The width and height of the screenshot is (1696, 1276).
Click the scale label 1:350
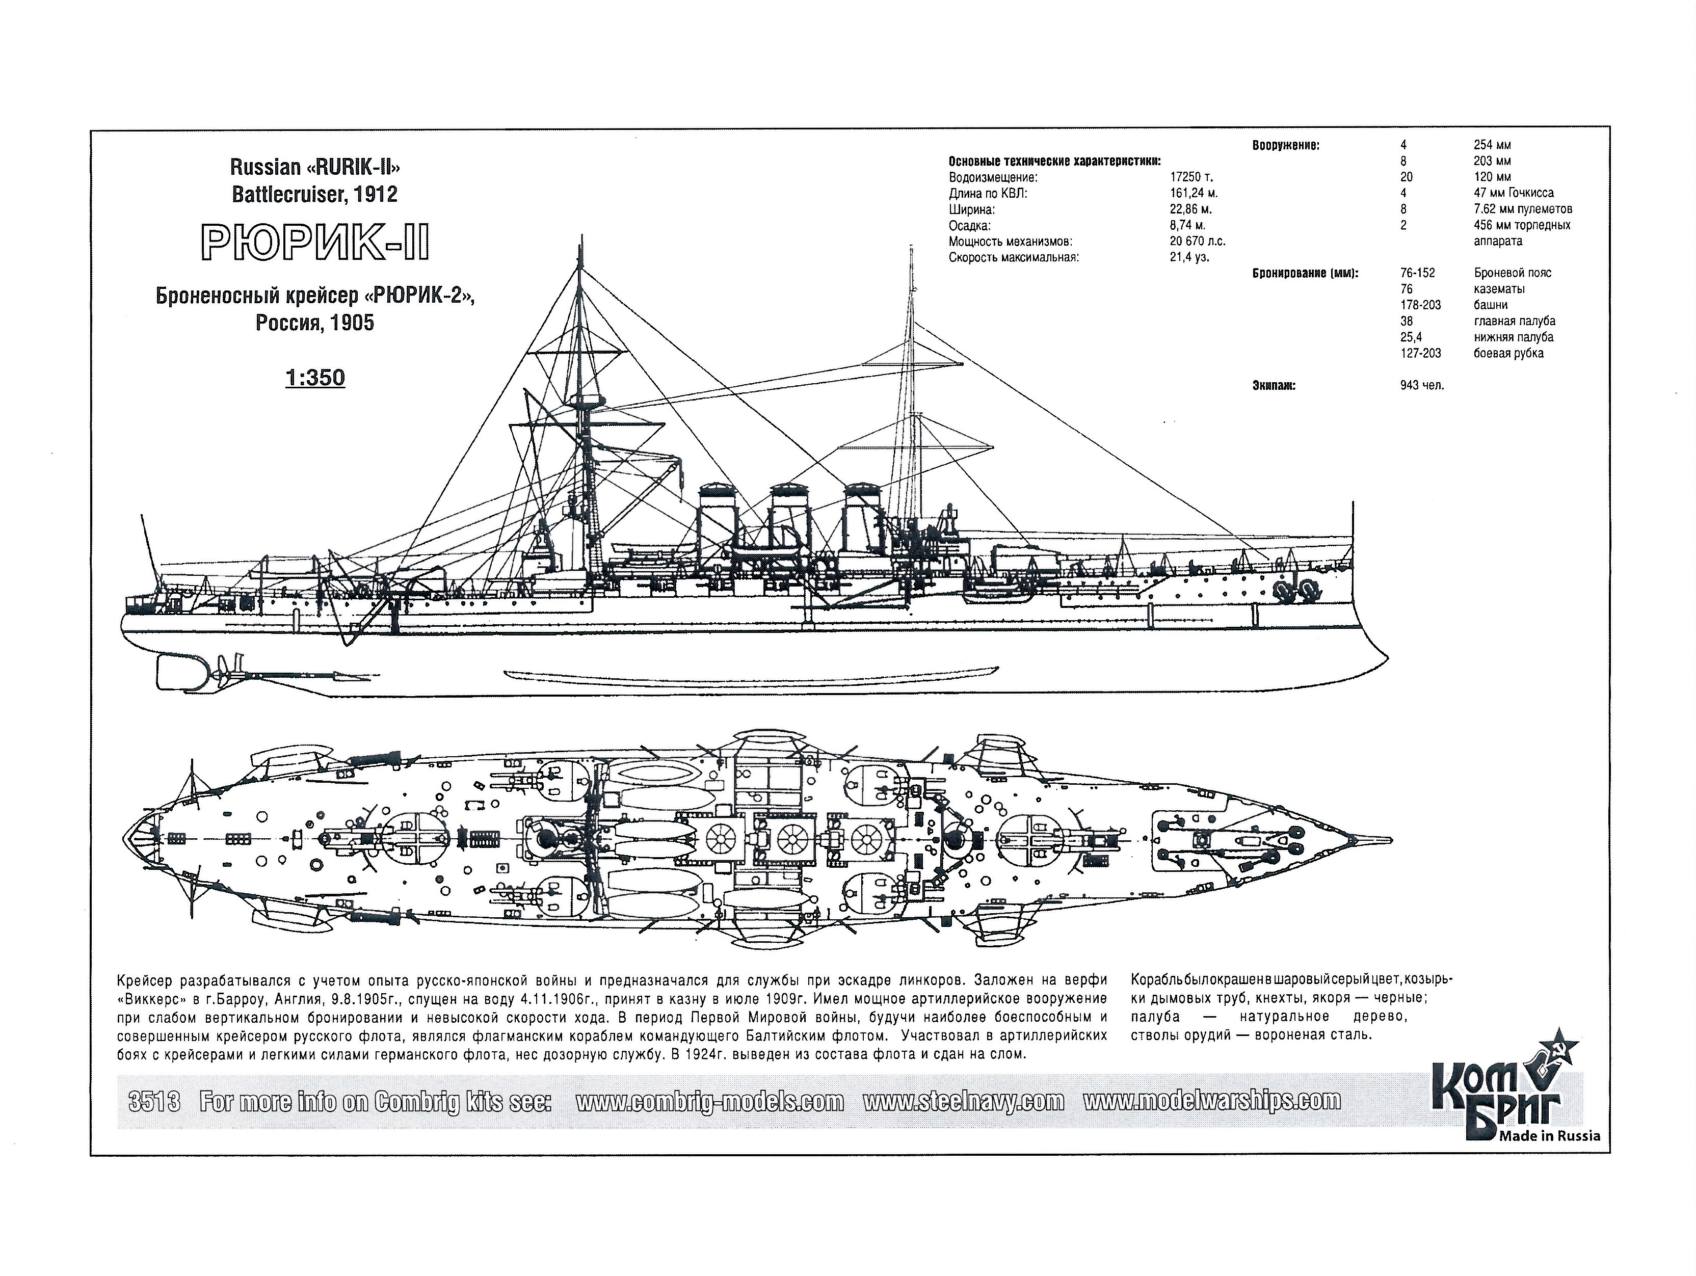point(315,378)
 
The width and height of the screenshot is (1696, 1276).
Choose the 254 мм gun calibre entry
point(1492,145)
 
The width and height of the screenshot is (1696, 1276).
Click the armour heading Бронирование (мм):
point(1305,273)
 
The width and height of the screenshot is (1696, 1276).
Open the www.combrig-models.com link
point(709,1102)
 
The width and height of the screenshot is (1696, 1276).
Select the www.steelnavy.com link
point(963,1102)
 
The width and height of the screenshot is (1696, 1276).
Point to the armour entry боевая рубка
point(1508,354)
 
